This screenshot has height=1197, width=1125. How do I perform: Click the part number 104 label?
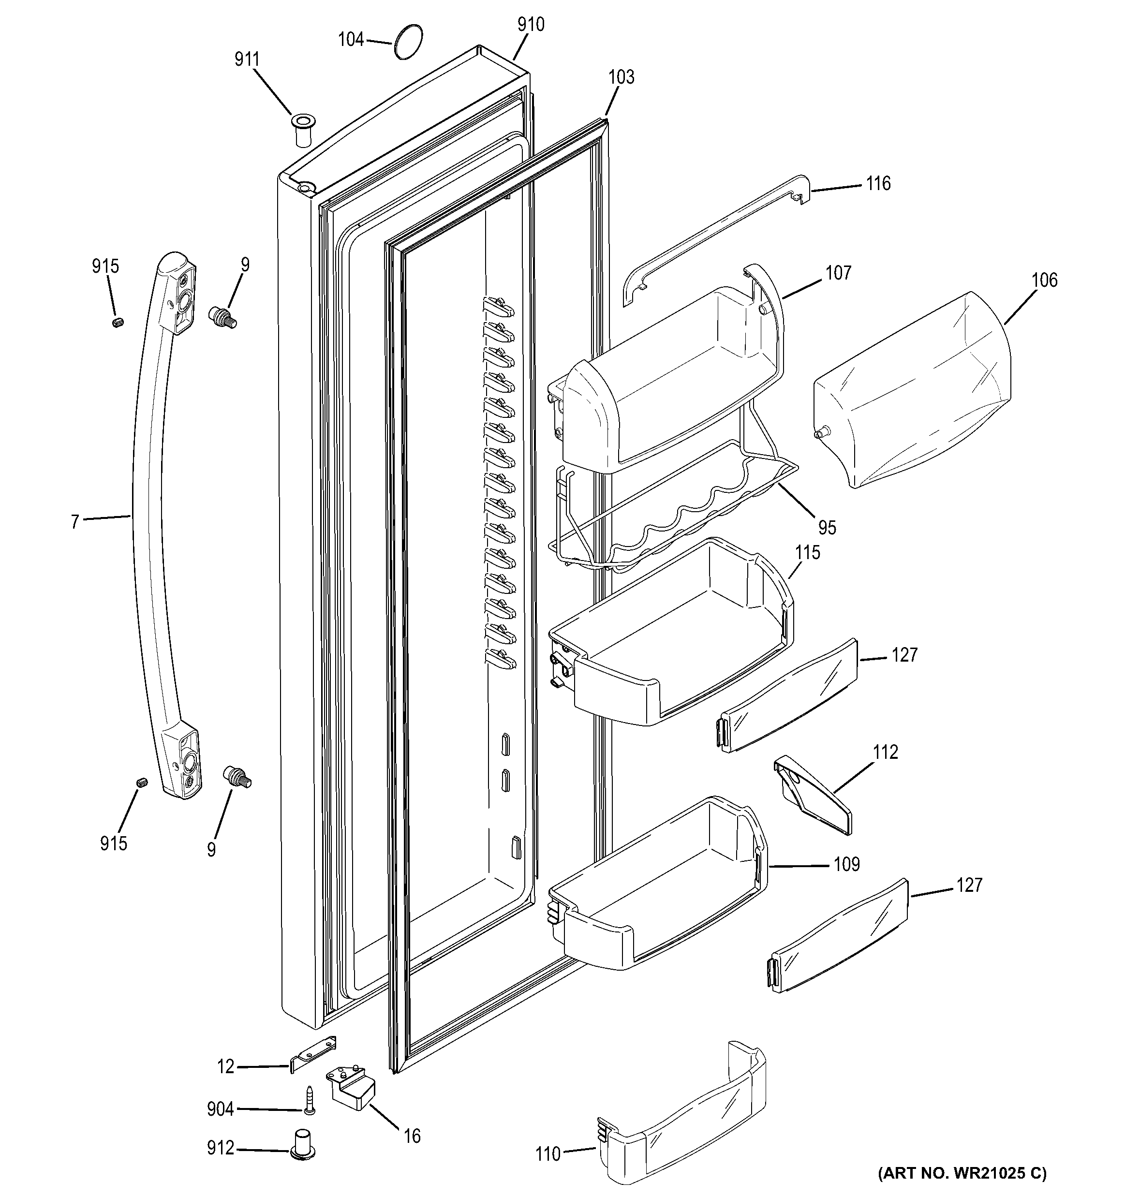point(351,40)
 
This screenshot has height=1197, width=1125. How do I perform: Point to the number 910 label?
point(531,25)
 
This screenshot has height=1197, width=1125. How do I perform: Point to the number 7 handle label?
point(74,521)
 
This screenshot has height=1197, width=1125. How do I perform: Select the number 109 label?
point(846,865)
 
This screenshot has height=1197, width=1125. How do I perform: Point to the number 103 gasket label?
point(621,77)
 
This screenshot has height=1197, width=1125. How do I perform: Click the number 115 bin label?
point(807,552)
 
